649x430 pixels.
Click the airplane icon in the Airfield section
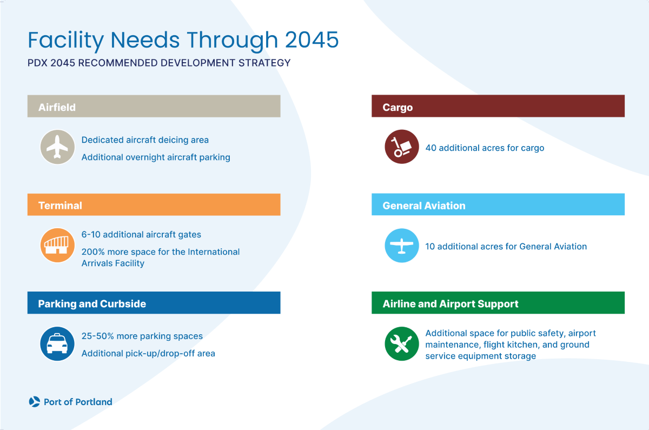point(57,147)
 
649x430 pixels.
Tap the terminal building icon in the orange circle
point(57,246)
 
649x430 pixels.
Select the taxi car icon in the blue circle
point(57,344)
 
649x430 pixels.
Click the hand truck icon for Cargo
point(401,147)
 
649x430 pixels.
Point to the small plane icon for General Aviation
point(401,246)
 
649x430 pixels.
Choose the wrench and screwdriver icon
point(401,344)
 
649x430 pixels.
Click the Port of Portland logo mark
point(34,402)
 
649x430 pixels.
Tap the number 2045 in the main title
point(312,41)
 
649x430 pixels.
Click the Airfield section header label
point(57,107)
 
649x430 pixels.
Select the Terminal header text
point(60,206)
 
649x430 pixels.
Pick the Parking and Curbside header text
point(92,304)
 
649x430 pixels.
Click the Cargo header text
point(398,107)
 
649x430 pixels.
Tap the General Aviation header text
point(423,206)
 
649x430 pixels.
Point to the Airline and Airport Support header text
point(450,304)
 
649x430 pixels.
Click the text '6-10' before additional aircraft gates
point(90,235)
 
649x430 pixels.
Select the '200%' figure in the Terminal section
point(92,252)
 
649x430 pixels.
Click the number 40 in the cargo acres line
point(431,148)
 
